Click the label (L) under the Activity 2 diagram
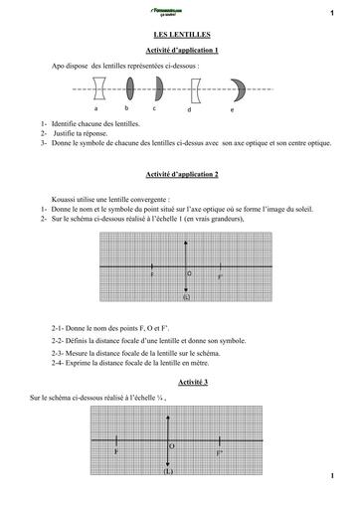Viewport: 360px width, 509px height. click(x=185, y=297)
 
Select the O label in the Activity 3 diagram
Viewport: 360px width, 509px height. click(x=171, y=446)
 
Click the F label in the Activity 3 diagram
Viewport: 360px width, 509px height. click(x=116, y=452)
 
